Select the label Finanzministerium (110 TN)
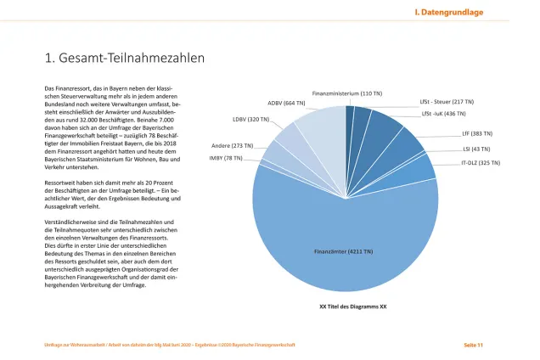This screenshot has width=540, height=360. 346,93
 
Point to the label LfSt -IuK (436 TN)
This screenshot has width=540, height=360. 443,113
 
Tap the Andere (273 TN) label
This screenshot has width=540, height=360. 232,146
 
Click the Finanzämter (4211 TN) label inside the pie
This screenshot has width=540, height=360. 344,252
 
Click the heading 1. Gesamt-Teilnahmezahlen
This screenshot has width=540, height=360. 123,59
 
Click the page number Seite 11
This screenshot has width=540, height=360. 473,344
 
